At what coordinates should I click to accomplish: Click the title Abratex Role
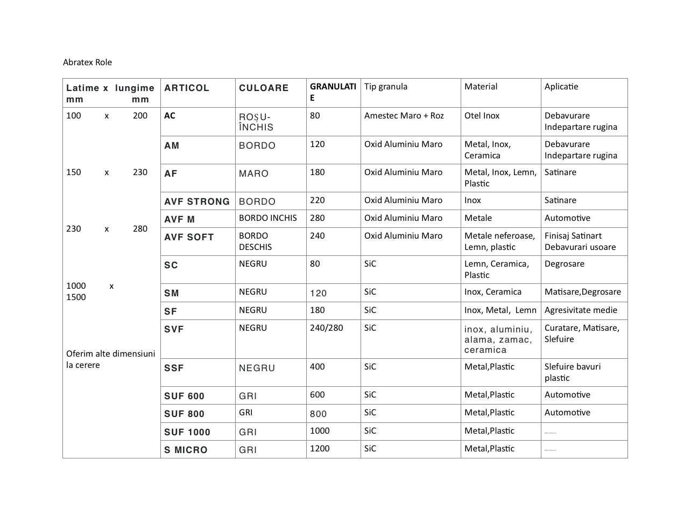pos(87,62)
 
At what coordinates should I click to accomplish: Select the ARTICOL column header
pos(186,88)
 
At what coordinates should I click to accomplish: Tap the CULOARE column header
pos(264,88)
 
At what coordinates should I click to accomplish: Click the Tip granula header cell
pos(385,86)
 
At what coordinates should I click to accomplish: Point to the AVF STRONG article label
pos(197,201)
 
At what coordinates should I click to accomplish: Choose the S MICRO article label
pos(186,450)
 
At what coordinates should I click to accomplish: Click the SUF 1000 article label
pos(187,432)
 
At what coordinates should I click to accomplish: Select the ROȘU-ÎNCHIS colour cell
pos(256,122)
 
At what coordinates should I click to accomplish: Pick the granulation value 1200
pos(320,448)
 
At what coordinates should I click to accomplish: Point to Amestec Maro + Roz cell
pos(404,115)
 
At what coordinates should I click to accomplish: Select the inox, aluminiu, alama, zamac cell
pos(498,339)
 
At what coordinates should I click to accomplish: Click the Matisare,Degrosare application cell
pos(582,291)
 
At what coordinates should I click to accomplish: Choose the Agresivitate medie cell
pos(581,310)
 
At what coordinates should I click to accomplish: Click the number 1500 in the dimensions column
pos(76,297)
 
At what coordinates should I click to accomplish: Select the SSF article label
pos(174,368)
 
